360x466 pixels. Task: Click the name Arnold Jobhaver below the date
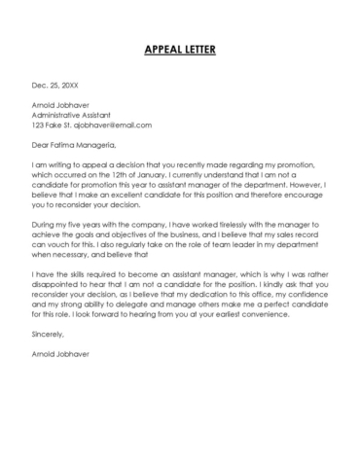61,105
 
